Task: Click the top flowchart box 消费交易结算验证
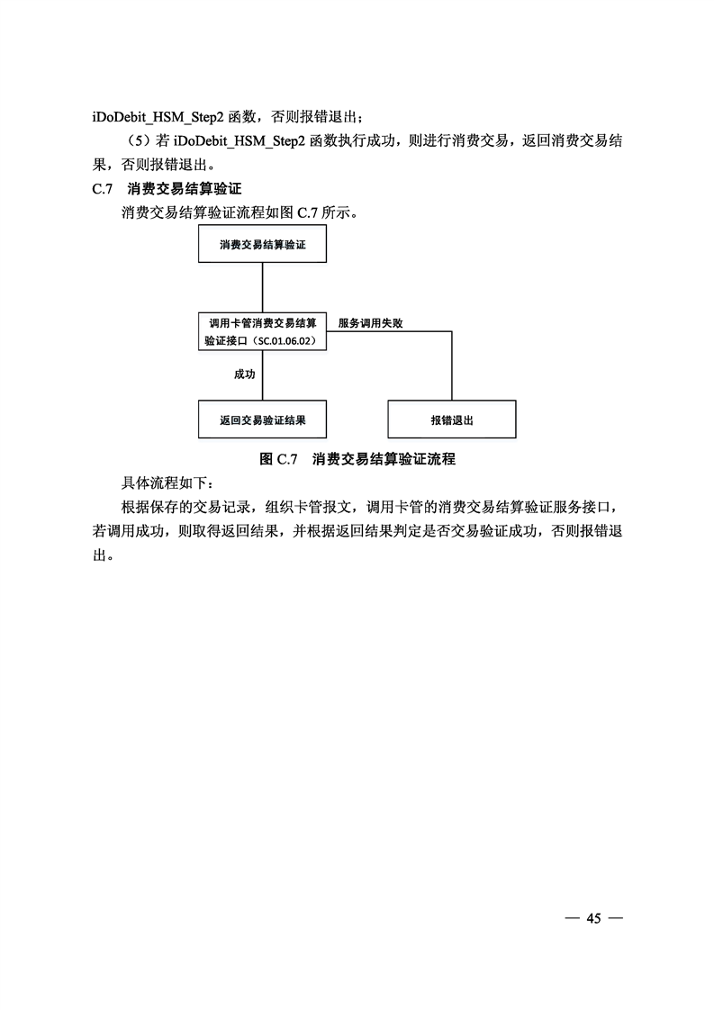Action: pos(262,245)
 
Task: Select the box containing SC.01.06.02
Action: pos(262,332)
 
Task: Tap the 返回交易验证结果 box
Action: pos(262,420)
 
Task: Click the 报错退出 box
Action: pos(452,420)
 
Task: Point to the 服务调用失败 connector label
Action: pos(371,323)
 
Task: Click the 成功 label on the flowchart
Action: pos(245,374)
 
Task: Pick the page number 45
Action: pos(593,918)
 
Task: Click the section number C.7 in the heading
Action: pos(103,189)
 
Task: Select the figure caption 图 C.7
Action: pos(278,459)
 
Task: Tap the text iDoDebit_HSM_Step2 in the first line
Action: pos(158,117)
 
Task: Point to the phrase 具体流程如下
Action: pos(164,483)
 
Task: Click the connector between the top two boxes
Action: pos(262,288)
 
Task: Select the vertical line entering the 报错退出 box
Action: pos(452,365)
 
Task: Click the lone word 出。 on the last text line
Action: pos(104,555)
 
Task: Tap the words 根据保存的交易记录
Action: pos(185,507)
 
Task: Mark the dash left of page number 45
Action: pos(572,918)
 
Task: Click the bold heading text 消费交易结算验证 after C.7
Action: pos(185,189)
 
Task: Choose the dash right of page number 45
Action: pos(615,918)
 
